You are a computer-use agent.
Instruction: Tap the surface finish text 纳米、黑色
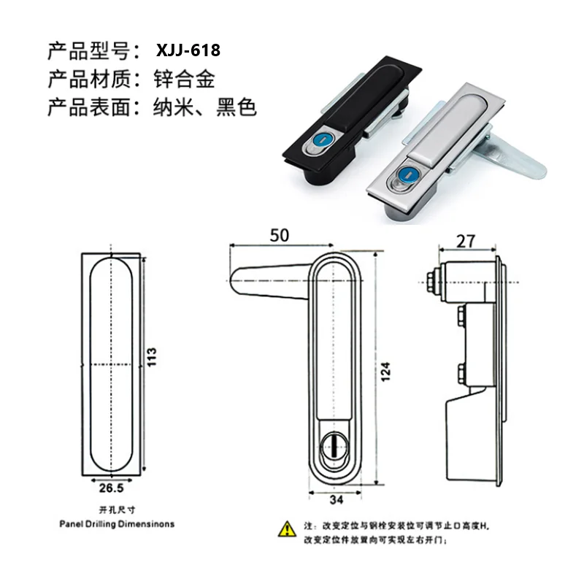click(205, 108)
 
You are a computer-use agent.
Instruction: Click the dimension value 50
click(280, 235)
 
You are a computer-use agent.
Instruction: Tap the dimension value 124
click(385, 373)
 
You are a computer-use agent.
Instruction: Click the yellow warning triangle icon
click(287, 528)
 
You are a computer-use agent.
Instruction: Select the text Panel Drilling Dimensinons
click(117, 523)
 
